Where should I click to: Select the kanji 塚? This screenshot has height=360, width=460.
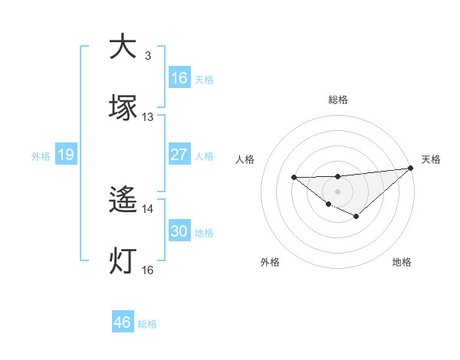pos(123,107)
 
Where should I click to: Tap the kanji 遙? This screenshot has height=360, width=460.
pos(123,201)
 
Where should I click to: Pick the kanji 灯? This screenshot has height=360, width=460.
pos(123,260)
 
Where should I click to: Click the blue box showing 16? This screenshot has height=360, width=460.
pos(179,78)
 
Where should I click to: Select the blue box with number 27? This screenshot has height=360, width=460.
pos(179,155)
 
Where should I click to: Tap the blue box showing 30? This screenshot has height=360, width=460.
pos(179,231)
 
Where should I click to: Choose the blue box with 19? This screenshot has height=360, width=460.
pos(66,155)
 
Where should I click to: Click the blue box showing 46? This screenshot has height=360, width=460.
pos(123,322)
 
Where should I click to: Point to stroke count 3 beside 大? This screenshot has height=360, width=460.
pos(148,56)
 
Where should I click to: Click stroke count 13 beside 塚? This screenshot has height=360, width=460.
pos(148,117)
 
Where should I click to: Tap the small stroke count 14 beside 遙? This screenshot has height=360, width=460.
pos(148,208)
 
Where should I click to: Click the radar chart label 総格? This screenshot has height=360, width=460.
pos(338,100)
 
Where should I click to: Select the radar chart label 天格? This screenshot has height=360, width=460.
pos(432,159)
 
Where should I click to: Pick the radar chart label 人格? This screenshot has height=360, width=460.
pos(246,159)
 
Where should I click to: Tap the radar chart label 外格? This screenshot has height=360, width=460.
pos(270,262)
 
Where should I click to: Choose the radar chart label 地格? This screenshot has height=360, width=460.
pos(402,262)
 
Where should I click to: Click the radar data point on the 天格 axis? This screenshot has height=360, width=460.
pos(412,169)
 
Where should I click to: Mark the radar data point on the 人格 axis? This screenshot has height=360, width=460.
pos(294,178)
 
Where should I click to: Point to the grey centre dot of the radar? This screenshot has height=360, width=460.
pos(338,190)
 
